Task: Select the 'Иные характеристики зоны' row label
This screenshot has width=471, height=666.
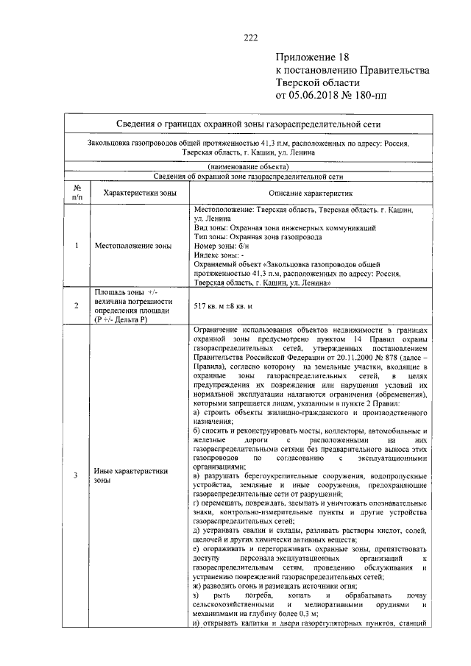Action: (x=132, y=475)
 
